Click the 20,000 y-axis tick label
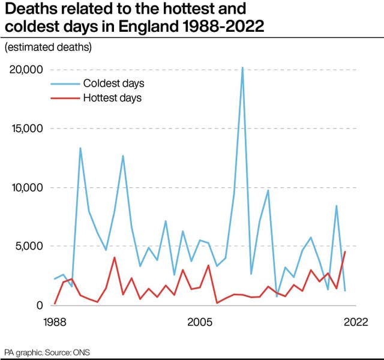pos(25,70)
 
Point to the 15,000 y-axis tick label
pos(25,128)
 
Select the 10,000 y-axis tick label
pos(25,187)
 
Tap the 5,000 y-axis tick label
pos(28,246)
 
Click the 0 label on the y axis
pos(40,305)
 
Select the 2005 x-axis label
pos(200,322)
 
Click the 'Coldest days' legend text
pos(113,83)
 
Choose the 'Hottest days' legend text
pos(112,98)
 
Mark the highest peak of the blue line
pos(242,68)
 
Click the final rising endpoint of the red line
pos(345,252)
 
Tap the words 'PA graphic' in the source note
pos(24,351)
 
